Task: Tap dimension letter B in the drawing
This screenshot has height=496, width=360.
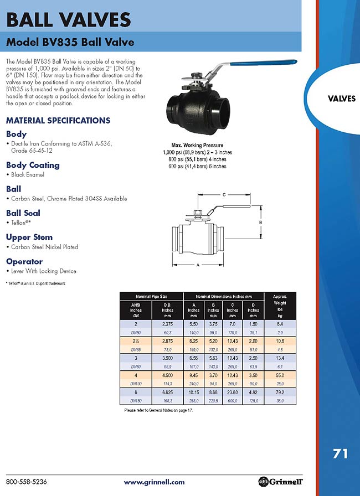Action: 260,222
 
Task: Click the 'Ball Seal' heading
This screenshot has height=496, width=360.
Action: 23,213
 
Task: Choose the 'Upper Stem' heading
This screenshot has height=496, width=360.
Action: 29,237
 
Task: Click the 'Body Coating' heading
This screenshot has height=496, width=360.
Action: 33,165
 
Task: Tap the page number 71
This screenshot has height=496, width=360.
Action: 340,454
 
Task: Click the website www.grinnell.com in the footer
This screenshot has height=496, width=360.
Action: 154,482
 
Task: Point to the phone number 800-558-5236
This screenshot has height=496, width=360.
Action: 27,482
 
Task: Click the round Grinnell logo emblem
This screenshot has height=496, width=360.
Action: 263,482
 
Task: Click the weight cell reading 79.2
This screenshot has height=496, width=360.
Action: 280,392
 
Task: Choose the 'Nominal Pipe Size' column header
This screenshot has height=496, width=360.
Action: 152,297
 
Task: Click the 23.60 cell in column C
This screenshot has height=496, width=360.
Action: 233,392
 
